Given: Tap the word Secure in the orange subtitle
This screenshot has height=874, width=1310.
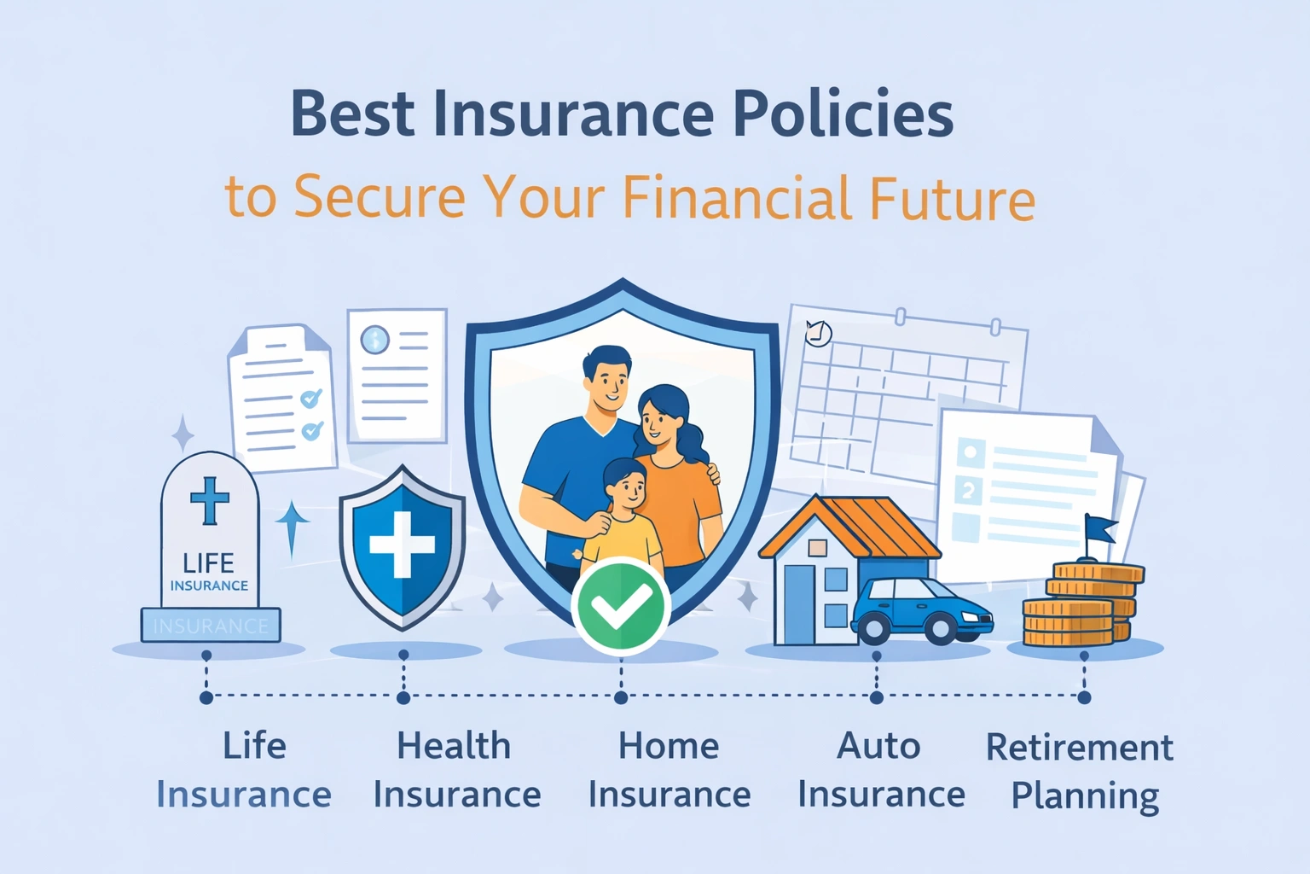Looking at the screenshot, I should click(x=380, y=197).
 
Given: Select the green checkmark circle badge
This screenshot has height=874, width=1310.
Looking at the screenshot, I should click(x=620, y=606).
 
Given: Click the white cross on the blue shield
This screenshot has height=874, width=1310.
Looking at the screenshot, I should click(x=402, y=544).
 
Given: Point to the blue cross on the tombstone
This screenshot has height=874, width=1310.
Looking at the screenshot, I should click(x=210, y=499).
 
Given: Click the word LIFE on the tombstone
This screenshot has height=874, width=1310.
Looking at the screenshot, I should click(x=209, y=563).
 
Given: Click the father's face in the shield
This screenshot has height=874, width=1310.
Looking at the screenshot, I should click(x=608, y=381).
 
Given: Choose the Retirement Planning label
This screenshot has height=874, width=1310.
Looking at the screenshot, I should click(x=1081, y=771).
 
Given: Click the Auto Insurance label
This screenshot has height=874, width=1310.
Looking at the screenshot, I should click(x=880, y=770).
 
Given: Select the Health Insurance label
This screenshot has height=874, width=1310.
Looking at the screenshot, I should click(x=456, y=770).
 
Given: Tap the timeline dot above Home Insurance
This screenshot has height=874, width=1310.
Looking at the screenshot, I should click(x=621, y=697).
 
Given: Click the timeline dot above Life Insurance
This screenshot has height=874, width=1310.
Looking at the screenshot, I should click(x=206, y=697).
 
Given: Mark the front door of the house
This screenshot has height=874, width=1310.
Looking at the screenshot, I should click(x=799, y=603).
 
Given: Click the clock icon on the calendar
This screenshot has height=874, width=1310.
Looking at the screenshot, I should click(x=818, y=333).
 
